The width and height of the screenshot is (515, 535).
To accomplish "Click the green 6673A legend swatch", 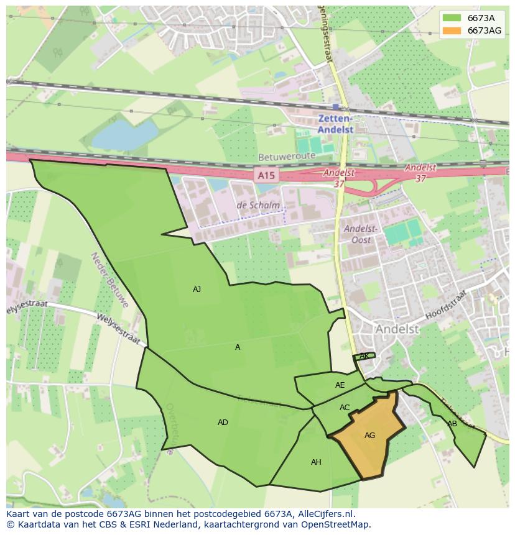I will (x=452, y=17).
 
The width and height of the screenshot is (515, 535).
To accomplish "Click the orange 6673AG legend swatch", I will (x=452, y=30).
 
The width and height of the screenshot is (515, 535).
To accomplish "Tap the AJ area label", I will (x=197, y=290).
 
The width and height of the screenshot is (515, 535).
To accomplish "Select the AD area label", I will (x=223, y=423).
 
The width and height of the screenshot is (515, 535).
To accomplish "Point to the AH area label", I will (x=316, y=462).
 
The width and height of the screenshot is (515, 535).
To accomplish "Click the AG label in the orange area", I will (x=369, y=436).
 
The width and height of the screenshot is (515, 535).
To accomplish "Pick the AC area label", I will (x=345, y=408).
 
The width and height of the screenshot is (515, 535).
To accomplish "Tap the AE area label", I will (x=340, y=385).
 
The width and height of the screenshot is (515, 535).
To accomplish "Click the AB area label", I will (x=452, y=424).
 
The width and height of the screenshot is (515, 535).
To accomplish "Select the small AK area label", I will (x=364, y=356).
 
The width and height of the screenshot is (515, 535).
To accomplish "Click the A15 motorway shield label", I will (x=266, y=176).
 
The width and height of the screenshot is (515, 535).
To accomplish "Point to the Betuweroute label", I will (x=282, y=158).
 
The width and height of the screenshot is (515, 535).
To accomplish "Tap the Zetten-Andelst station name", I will (x=335, y=124).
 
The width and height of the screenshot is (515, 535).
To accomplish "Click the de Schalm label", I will (x=258, y=206).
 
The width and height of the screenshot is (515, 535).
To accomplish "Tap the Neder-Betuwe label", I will (x=109, y=280).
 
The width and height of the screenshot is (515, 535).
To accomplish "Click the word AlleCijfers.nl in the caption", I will (x=325, y=514).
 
